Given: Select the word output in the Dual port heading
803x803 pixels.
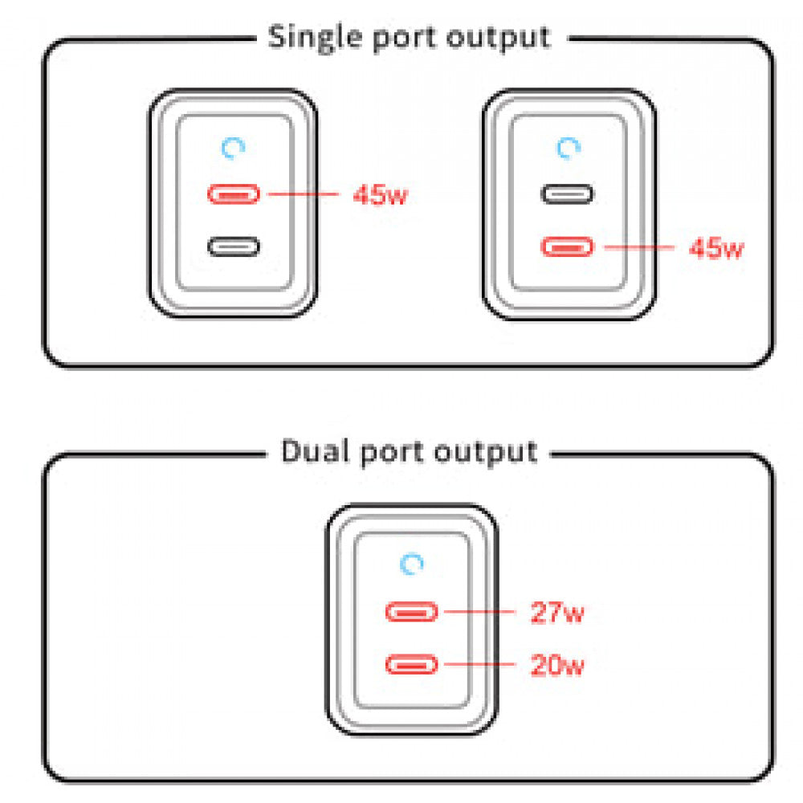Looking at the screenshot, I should tap(485, 451).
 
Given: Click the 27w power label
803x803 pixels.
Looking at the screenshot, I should tap(556, 614).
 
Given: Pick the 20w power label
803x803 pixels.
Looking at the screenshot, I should tap(556, 665).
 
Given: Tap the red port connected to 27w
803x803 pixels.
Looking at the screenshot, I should tap(412, 613).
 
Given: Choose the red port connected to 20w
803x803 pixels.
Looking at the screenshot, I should tap(412, 664).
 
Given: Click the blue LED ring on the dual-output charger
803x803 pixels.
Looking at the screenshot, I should tap(413, 565).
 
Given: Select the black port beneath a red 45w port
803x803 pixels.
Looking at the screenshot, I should tap(234, 246).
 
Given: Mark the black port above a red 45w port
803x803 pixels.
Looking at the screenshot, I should tap(567, 194).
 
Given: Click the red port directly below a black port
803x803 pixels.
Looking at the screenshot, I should tap(567, 247).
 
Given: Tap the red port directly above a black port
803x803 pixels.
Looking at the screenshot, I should tap(234, 194).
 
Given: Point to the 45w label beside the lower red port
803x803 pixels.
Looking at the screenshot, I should tap(716, 248).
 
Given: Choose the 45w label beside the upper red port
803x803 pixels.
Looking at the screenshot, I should tap(380, 195).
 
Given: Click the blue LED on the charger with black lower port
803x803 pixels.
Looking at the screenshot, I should tap(234, 148).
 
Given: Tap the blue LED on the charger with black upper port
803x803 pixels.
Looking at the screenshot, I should tap(569, 148).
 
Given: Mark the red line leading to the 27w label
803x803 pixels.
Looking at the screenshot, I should tap(479, 612).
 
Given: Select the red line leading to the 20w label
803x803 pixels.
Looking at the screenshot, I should tap(479, 663).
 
